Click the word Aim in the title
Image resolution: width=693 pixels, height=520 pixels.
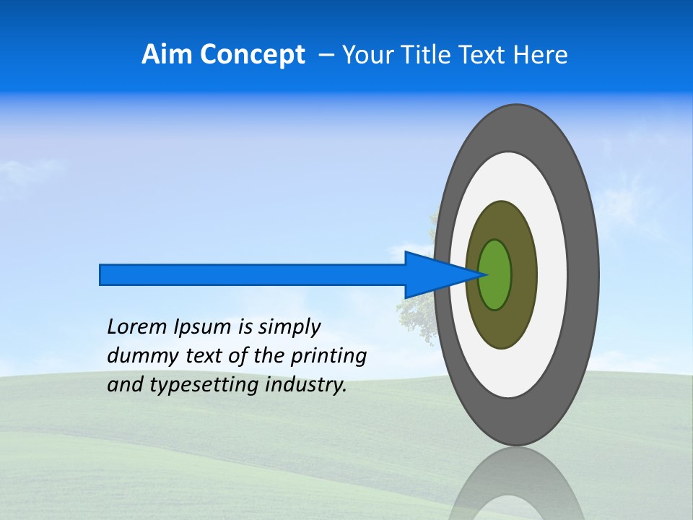pos(167,55)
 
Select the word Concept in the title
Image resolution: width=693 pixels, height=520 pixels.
pos(251,55)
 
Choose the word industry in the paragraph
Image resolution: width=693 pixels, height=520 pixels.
pos(306,385)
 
